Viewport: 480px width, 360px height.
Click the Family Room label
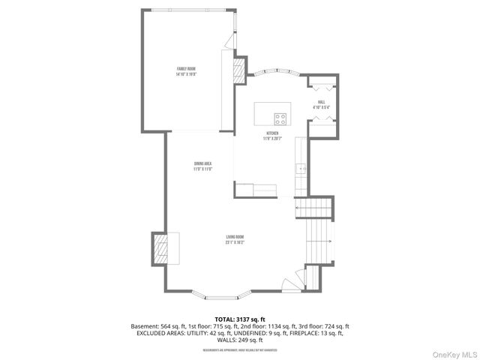(x=186, y=71)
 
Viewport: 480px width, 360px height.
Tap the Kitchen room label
(x=271, y=136)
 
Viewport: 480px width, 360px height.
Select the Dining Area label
(x=203, y=166)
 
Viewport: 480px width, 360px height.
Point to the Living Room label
(x=234, y=240)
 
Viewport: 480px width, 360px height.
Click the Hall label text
(x=321, y=104)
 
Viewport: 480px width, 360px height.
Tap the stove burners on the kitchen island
(x=280, y=117)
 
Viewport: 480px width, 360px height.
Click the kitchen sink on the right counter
(x=301, y=169)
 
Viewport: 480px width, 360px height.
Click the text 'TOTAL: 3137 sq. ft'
(x=240, y=319)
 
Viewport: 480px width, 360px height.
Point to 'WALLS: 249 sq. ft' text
(x=240, y=342)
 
